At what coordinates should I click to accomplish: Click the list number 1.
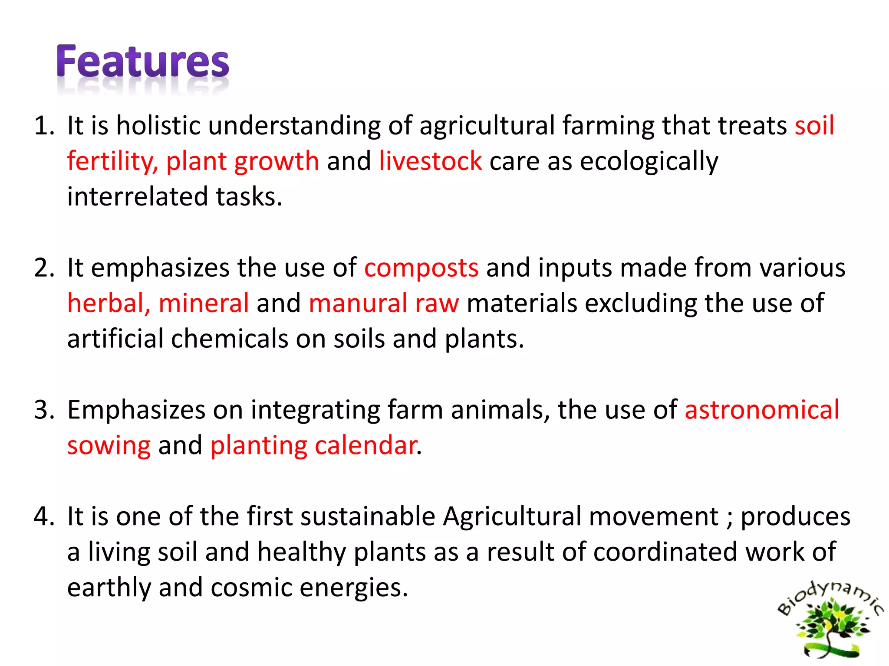point(43,126)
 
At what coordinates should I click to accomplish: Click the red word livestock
point(430,161)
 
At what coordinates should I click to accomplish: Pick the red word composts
point(421,268)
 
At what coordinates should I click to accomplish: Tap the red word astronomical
point(762,410)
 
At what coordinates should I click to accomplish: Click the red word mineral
point(204,303)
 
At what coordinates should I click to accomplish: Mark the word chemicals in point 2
point(229,339)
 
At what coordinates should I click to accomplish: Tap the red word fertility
point(112,162)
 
